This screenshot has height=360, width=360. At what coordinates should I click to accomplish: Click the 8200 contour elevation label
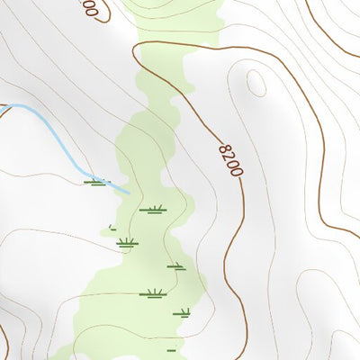point(229,156)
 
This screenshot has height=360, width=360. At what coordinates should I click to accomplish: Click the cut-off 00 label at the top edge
point(88,8)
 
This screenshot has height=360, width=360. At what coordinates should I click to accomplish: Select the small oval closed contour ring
point(256,84)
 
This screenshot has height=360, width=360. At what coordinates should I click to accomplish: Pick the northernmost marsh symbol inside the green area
point(152,211)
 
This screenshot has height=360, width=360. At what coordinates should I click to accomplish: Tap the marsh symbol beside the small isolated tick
point(126,242)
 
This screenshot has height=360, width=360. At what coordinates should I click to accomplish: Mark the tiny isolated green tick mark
point(111,227)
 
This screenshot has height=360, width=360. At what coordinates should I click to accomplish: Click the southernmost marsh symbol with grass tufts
point(184,314)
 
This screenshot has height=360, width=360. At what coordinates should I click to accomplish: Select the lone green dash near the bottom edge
point(171,349)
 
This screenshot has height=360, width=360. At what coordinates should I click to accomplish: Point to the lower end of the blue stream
point(128,192)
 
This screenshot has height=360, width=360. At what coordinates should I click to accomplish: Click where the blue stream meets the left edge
point(2,106)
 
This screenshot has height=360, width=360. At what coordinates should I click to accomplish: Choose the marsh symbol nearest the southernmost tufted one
point(155,293)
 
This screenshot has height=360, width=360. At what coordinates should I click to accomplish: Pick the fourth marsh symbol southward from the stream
point(175,266)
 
